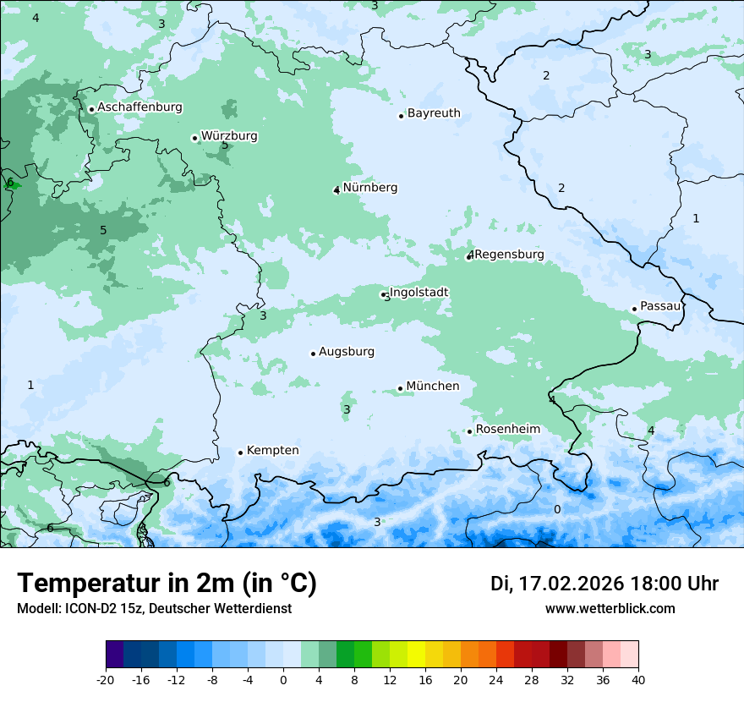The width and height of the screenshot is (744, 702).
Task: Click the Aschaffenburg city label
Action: tap(139, 107)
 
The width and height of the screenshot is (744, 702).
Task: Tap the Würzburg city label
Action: tap(229, 136)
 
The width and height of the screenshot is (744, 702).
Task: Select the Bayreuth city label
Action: tap(434, 113)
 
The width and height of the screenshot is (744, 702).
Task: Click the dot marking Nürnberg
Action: tap(336, 190)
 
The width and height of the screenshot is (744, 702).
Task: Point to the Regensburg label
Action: tap(509, 255)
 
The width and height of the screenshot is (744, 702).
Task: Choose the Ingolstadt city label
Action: tap(418, 293)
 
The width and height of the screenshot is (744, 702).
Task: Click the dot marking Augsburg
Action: tap(313, 354)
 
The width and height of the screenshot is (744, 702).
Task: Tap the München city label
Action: tap(433, 387)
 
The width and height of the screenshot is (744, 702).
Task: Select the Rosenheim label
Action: tap(507, 430)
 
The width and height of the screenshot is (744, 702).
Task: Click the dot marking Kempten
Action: tap(240, 452)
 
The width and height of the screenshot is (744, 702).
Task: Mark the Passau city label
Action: tap(660, 306)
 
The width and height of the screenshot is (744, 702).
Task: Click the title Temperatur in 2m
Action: tap(167, 583)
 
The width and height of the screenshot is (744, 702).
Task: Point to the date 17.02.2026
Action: tap(571, 584)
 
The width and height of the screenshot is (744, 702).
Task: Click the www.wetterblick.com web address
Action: tap(610, 608)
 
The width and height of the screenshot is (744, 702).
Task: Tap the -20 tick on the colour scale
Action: tap(106, 679)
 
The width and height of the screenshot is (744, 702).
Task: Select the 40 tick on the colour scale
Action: tap(638, 679)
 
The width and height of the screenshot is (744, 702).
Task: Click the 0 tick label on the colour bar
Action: tap(283, 679)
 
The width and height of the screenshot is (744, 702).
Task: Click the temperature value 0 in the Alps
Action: tap(556, 509)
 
